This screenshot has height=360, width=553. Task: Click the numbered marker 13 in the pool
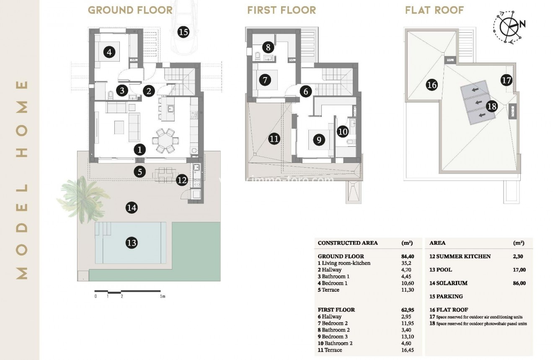tap(131, 243)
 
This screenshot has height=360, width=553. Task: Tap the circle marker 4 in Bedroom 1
tap(109, 53)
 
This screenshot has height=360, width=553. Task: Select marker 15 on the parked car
tap(183, 31)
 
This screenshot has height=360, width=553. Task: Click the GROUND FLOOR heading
tap(130, 10)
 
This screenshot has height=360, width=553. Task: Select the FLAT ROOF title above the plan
tap(434, 10)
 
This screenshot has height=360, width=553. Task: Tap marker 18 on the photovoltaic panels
tap(491, 106)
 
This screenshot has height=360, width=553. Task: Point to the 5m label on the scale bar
tap(163, 296)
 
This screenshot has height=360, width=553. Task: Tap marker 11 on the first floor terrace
tap(274, 139)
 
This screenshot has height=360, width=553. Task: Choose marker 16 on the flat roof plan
tap(432, 85)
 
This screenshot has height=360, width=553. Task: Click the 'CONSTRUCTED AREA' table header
tap(347, 243)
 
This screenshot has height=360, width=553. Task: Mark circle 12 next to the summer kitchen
tap(182, 180)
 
